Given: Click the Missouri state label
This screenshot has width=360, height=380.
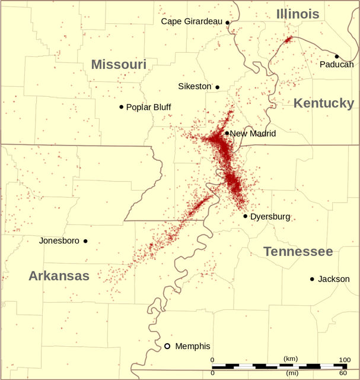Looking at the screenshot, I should [x=119, y=64].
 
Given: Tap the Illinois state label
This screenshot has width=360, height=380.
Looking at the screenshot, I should [x=298, y=14].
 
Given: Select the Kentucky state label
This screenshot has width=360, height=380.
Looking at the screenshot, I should [x=324, y=103].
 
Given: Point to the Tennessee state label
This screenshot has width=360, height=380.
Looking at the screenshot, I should [x=298, y=251].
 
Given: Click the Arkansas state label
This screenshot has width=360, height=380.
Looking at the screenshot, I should [x=59, y=275].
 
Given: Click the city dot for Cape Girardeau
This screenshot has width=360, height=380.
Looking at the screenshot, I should [x=227, y=23].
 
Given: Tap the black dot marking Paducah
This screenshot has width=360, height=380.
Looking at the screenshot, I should [x=337, y=56].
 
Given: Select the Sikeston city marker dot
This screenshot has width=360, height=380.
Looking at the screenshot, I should [x=217, y=87].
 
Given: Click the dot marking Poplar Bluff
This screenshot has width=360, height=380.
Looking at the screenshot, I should [x=121, y=107].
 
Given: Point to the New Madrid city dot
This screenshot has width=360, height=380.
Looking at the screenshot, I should [x=227, y=133].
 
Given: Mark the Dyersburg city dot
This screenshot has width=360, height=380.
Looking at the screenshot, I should [x=245, y=216].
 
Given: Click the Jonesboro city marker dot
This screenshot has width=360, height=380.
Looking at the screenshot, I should [x=85, y=241].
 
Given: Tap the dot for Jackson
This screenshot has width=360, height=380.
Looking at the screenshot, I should [x=312, y=279].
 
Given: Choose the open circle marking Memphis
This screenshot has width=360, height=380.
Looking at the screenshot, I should [x=167, y=346].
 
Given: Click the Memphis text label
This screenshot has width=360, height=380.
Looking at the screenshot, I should [x=193, y=346].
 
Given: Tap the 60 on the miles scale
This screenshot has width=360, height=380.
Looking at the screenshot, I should [x=342, y=373].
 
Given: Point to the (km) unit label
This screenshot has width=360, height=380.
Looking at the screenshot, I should [x=291, y=359].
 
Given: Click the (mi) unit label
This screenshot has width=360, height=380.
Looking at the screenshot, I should [x=291, y=373].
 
